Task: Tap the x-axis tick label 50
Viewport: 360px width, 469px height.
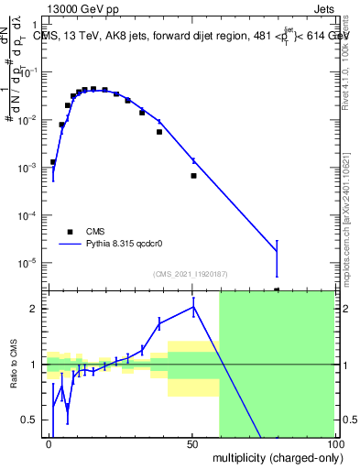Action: [x=192, y=443]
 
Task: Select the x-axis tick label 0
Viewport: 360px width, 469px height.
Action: [x=49, y=443]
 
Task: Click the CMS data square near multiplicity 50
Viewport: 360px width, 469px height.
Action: [x=193, y=175]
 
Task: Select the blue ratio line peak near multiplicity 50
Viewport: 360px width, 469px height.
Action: [x=193, y=307]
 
